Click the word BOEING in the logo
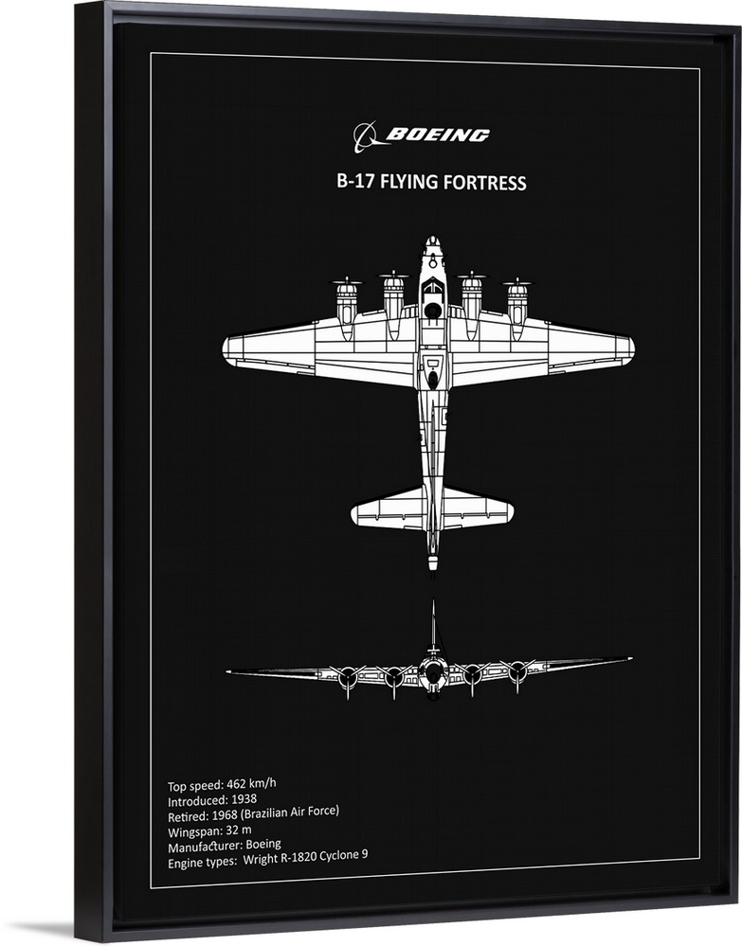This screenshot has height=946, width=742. point(438,135)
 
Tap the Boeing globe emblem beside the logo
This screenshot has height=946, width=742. point(366,137)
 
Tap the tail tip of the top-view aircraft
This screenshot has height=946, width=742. point(432,565)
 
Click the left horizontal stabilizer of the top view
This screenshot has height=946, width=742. point(384,512)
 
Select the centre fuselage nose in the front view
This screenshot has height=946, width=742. point(433,674)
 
